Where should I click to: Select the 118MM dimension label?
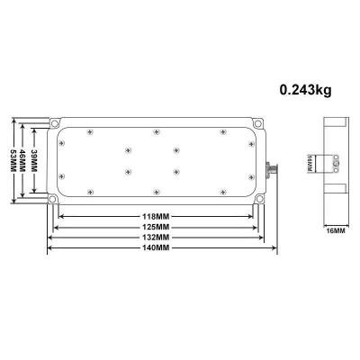coord(156,217)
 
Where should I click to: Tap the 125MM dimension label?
coord(156,227)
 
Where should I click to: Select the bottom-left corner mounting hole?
coord(53,200)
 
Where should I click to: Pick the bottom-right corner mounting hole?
coord(258,200)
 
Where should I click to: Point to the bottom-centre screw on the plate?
coord(156,191)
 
